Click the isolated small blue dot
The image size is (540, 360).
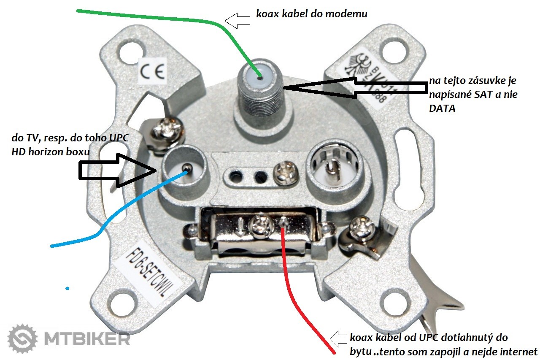coord(67,288)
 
